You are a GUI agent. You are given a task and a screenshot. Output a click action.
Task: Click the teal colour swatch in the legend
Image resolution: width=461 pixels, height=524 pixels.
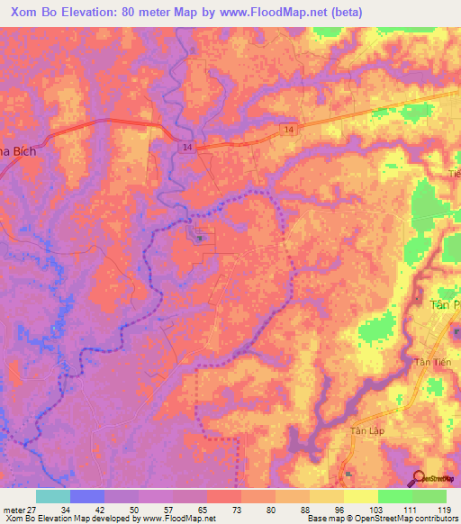(x=52, y=496)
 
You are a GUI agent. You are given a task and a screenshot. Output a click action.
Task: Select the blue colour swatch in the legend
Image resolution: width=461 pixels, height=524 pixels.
(x=86, y=496)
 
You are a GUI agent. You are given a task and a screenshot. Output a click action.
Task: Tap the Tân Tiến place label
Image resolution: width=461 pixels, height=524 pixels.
(x=429, y=362)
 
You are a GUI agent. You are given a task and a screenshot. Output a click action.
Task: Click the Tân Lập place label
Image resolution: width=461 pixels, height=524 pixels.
(x=367, y=430)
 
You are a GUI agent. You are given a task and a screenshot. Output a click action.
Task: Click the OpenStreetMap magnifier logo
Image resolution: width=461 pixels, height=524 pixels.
(x=420, y=480)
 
